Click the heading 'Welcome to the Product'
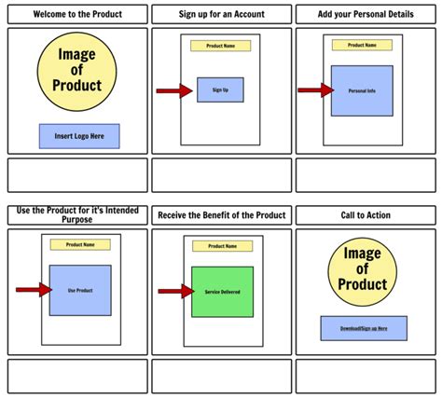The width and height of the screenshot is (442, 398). point(77,14)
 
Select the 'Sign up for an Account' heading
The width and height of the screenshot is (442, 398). point(221,14)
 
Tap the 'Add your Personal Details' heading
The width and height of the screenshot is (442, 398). point(365,14)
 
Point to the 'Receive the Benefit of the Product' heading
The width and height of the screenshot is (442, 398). point(221,215)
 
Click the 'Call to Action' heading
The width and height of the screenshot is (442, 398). point(365,215)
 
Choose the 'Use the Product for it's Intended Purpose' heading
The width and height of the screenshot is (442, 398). point(77,215)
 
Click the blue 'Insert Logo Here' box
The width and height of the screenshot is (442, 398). point(79,136)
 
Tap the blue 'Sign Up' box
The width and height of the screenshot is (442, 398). point(220,89)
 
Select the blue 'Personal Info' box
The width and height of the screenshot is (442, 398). point(362,90)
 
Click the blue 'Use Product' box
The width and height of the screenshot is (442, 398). point(80,290)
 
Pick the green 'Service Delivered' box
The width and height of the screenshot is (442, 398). point(222,292)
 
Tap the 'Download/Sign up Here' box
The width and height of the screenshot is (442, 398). point(363,328)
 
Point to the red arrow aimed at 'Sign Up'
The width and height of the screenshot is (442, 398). point(174,90)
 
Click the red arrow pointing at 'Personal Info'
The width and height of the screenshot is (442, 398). point(315,90)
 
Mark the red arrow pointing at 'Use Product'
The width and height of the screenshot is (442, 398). point(33,290)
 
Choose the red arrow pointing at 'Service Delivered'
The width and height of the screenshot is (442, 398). point(174,292)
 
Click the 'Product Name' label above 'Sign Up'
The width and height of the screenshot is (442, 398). point(220,46)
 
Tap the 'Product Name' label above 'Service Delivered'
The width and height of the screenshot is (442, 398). point(222,246)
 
